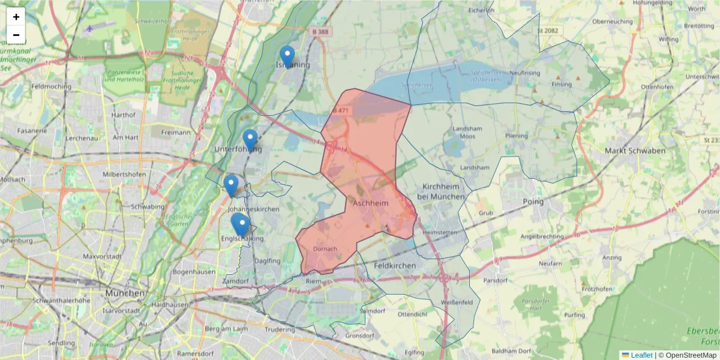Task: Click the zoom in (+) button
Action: [x=16, y=17]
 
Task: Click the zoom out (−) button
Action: [x=16, y=35]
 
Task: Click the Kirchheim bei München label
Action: [x=443, y=191]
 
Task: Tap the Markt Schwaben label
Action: [x=635, y=151]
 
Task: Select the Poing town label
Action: [x=533, y=202]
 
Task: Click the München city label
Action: [x=125, y=293]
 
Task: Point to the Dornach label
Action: [x=325, y=248]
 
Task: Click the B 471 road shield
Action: [x=339, y=110]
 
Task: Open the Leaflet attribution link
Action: [x=641, y=355]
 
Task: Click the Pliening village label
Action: [x=516, y=136]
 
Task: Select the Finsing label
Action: [x=562, y=85]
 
